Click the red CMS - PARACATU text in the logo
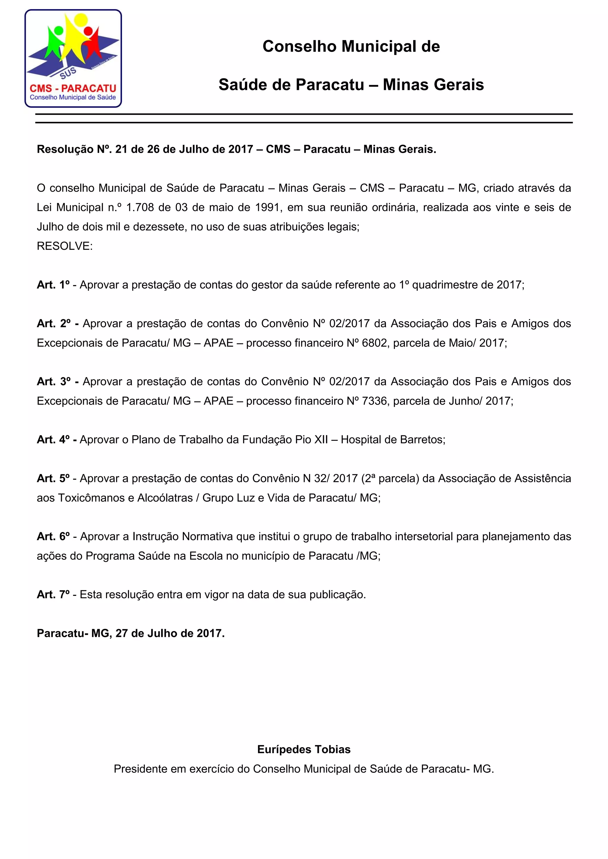coord(73,88)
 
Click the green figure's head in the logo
coord(58,31)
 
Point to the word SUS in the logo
coord(68,74)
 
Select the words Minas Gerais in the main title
coord(433,85)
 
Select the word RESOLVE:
coord(64,246)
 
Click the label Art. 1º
coord(53,285)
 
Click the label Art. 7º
coord(53,594)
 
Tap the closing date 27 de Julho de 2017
coord(170,633)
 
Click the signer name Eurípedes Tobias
coord(304,749)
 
